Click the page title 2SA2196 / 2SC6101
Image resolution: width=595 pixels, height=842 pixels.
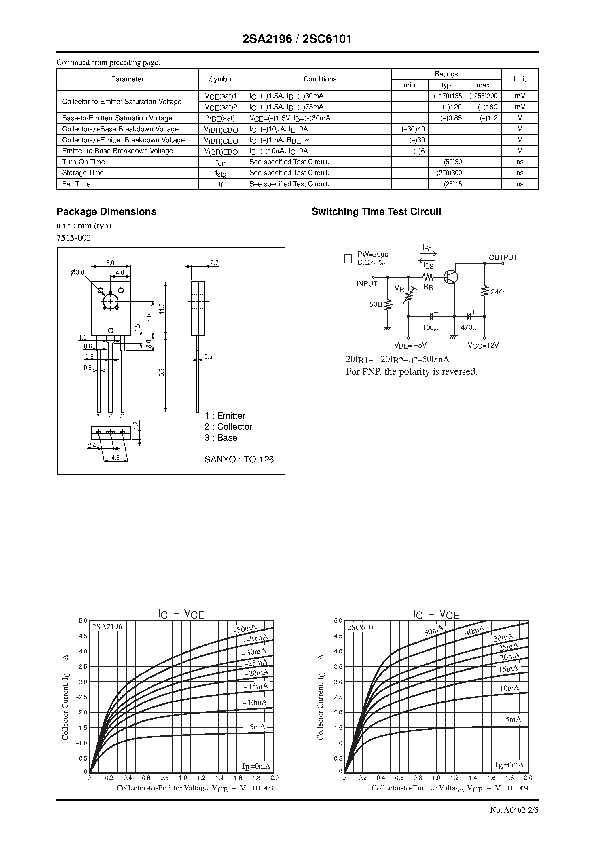297,39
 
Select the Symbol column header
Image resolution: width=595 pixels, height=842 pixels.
221,79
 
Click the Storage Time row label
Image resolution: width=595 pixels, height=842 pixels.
83,173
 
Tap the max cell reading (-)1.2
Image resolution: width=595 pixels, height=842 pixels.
488,118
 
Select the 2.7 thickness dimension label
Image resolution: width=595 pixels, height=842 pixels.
214,263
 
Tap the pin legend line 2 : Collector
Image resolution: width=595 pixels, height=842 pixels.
228,426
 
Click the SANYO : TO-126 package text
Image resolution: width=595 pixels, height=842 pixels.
239,460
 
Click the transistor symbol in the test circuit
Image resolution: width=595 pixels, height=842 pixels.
450,277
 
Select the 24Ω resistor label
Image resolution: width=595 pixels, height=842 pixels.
497,292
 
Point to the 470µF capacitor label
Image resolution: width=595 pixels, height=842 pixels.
470,327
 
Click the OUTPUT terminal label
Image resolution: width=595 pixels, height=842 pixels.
503,258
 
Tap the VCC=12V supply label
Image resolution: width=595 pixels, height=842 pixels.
483,346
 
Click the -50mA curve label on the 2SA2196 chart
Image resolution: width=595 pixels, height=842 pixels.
244,629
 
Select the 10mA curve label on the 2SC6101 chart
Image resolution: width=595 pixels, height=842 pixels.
509,688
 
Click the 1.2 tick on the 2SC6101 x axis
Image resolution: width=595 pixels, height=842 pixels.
454,778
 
